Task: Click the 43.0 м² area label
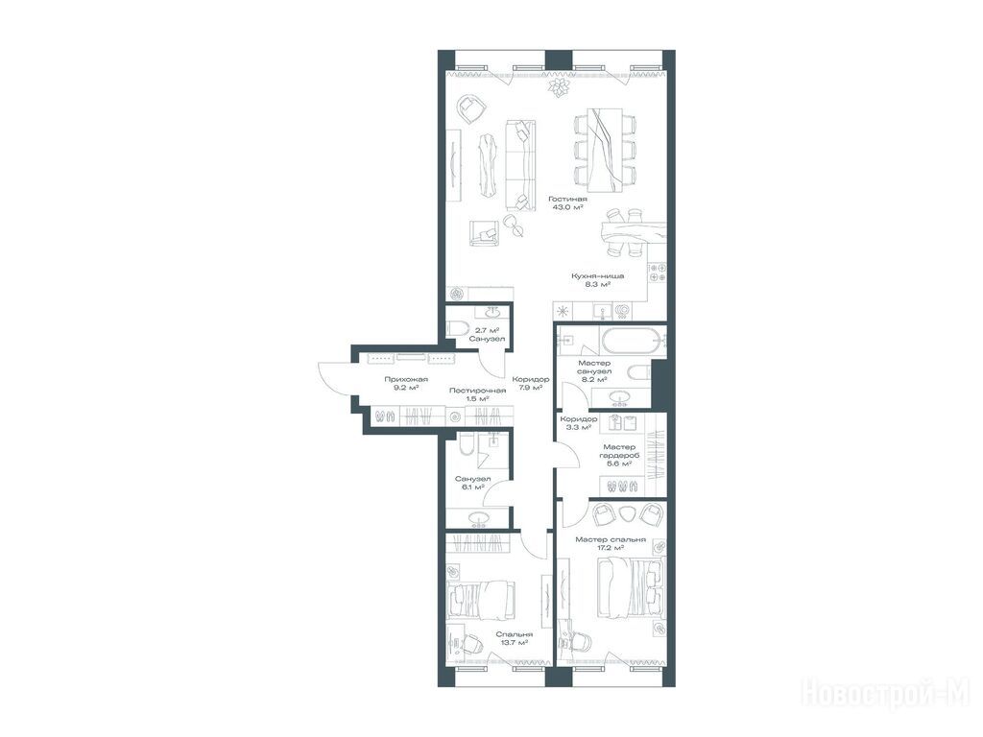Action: click(567, 207)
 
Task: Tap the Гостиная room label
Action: click(567, 199)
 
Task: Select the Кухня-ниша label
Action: click(597, 275)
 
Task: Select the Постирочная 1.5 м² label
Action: click(478, 394)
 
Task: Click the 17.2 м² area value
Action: click(611, 548)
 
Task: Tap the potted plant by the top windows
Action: click(558, 86)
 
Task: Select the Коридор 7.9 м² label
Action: click(530, 383)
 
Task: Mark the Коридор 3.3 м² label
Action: click(578, 423)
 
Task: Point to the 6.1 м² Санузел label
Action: click(472, 483)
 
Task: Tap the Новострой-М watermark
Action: click(886, 694)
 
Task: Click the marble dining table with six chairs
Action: click(605, 151)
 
